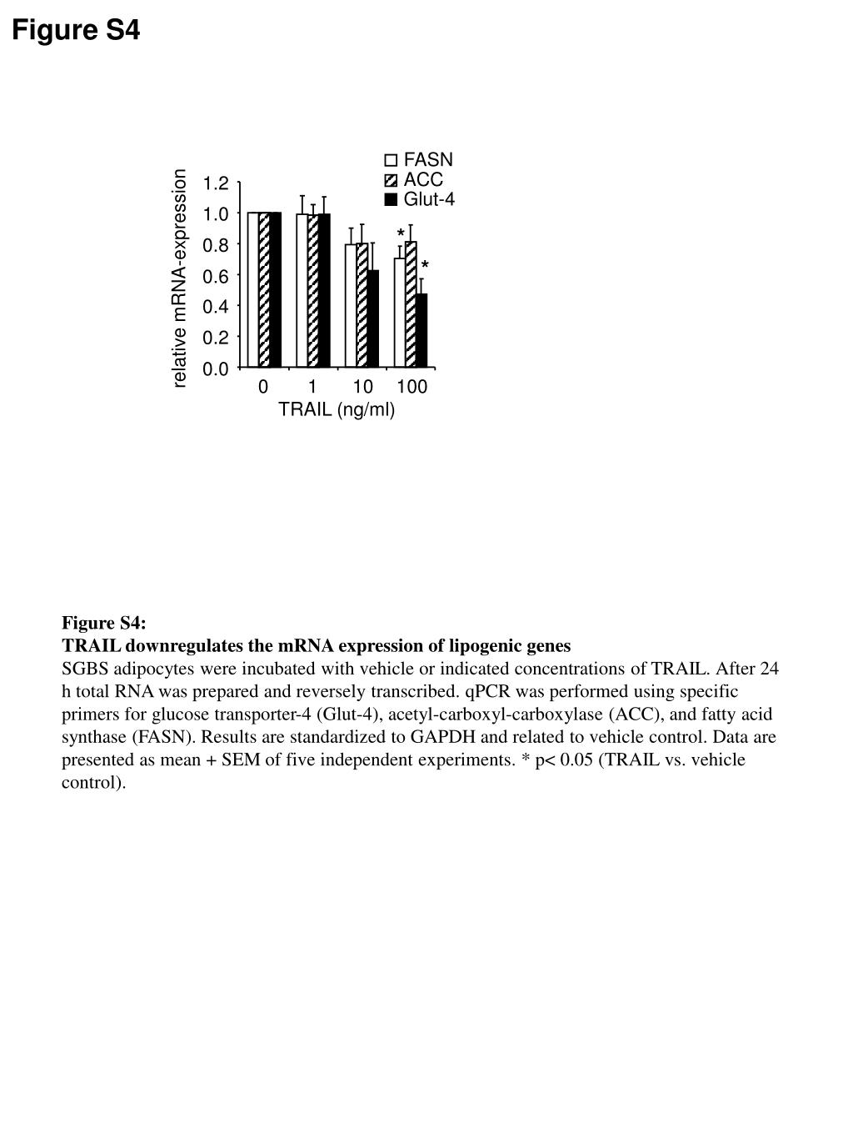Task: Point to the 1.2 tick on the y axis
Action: tap(216, 183)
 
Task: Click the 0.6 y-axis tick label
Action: tap(216, 276)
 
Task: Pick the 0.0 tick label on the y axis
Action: tap(216, 369)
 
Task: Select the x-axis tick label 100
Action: tap(412, 387)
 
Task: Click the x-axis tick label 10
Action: tap(362, 387)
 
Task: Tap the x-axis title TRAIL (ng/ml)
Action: tap(337, 409)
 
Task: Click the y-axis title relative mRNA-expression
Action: tap(180, 278)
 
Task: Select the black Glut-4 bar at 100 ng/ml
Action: tap(422, 330)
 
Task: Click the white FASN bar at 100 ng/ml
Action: tap(400, 313)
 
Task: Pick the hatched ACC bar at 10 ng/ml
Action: tap(362, 305)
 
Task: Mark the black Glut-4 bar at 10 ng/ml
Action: tap(373, 318)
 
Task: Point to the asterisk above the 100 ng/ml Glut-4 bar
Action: tap(425, 267)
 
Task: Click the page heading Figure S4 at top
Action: tap(76, 31)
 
